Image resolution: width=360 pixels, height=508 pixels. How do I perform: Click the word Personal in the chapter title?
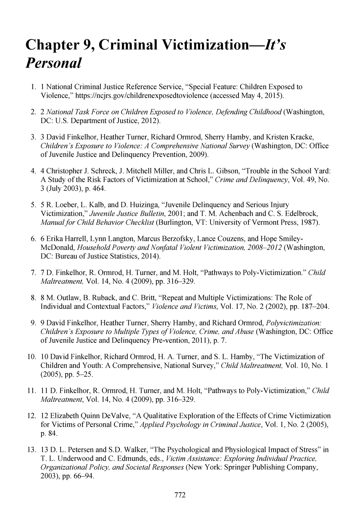(53, 63)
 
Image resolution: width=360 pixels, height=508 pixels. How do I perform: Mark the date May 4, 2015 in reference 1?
(262, 95)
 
